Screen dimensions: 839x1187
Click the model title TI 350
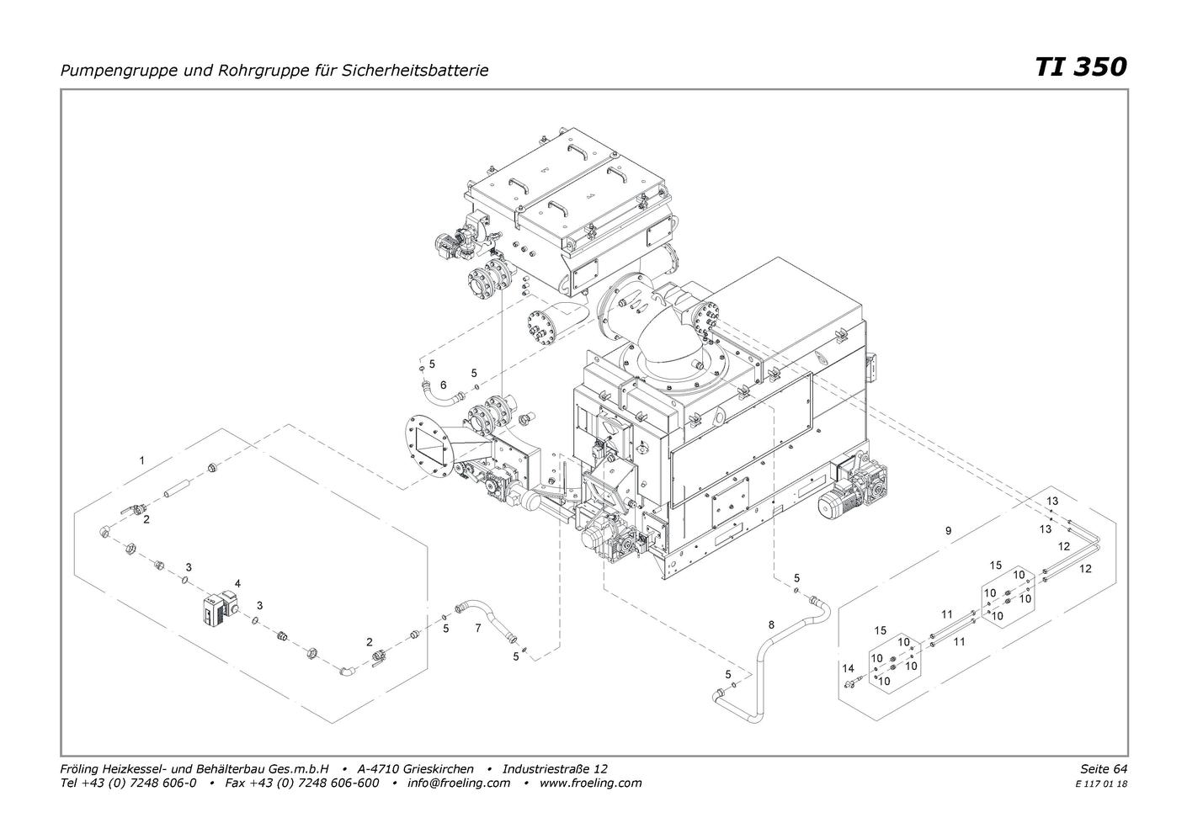coord(1081,66)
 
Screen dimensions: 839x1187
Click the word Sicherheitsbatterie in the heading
coord(415,71)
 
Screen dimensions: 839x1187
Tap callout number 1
coord(142,460)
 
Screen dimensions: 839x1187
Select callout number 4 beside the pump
coord(238,582)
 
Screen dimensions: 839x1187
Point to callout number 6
coord(444,385)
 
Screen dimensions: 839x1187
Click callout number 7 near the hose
coord(477,628)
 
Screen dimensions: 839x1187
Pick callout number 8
coord(771,624)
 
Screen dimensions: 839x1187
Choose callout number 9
coord(948,531)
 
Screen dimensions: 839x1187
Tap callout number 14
coord(848,668)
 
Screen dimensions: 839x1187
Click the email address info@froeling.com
coord(459,783)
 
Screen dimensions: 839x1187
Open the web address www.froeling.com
coord(589,783)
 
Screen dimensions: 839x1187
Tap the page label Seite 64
coord(1103,769)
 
